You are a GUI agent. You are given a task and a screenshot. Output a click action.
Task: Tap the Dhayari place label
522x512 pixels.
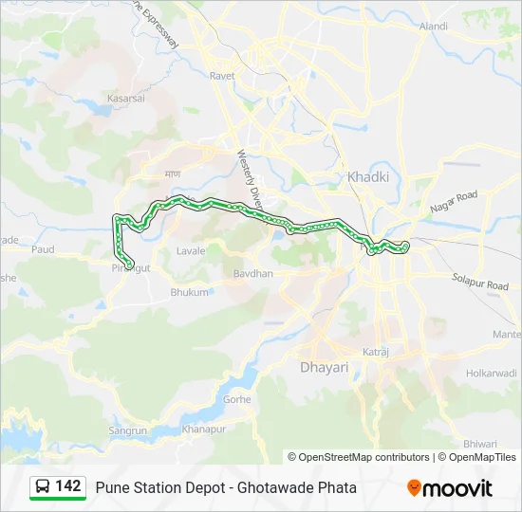324,366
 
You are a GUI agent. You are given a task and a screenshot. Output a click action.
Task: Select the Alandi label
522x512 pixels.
433,26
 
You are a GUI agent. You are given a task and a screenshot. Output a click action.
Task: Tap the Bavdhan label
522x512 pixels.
253,274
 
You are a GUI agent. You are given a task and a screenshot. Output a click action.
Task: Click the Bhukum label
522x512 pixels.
189,292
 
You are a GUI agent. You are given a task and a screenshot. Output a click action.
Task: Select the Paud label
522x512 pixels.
43,249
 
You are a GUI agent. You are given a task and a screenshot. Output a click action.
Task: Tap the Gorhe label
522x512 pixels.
236,399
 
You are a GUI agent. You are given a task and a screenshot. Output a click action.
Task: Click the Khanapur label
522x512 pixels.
203,429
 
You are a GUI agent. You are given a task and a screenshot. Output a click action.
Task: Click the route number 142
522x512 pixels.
68,486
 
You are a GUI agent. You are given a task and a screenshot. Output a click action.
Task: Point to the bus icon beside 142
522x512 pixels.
43,487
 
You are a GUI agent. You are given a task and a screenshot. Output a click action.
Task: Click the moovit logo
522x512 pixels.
450,488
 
